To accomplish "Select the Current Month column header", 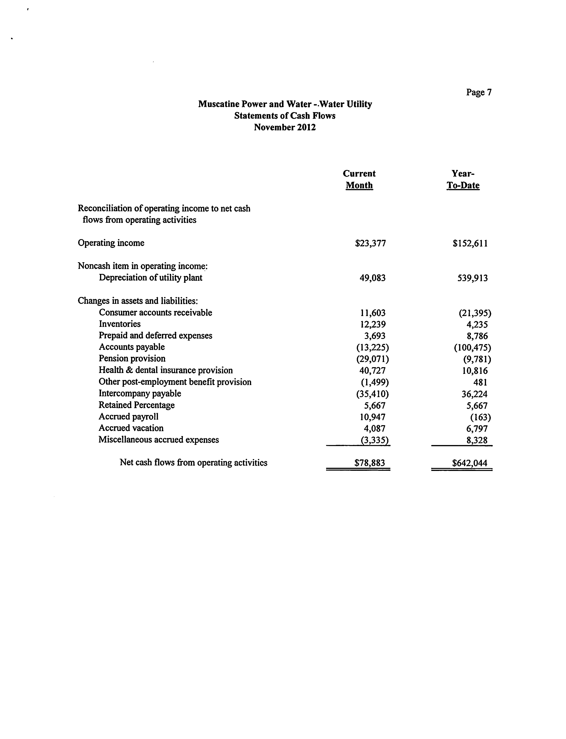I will coord(359,179).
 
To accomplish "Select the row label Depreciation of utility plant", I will coord(151,278).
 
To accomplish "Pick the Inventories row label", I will coord(120,324).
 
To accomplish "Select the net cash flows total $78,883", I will coord(370,463).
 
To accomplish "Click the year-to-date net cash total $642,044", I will coord(470,463).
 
